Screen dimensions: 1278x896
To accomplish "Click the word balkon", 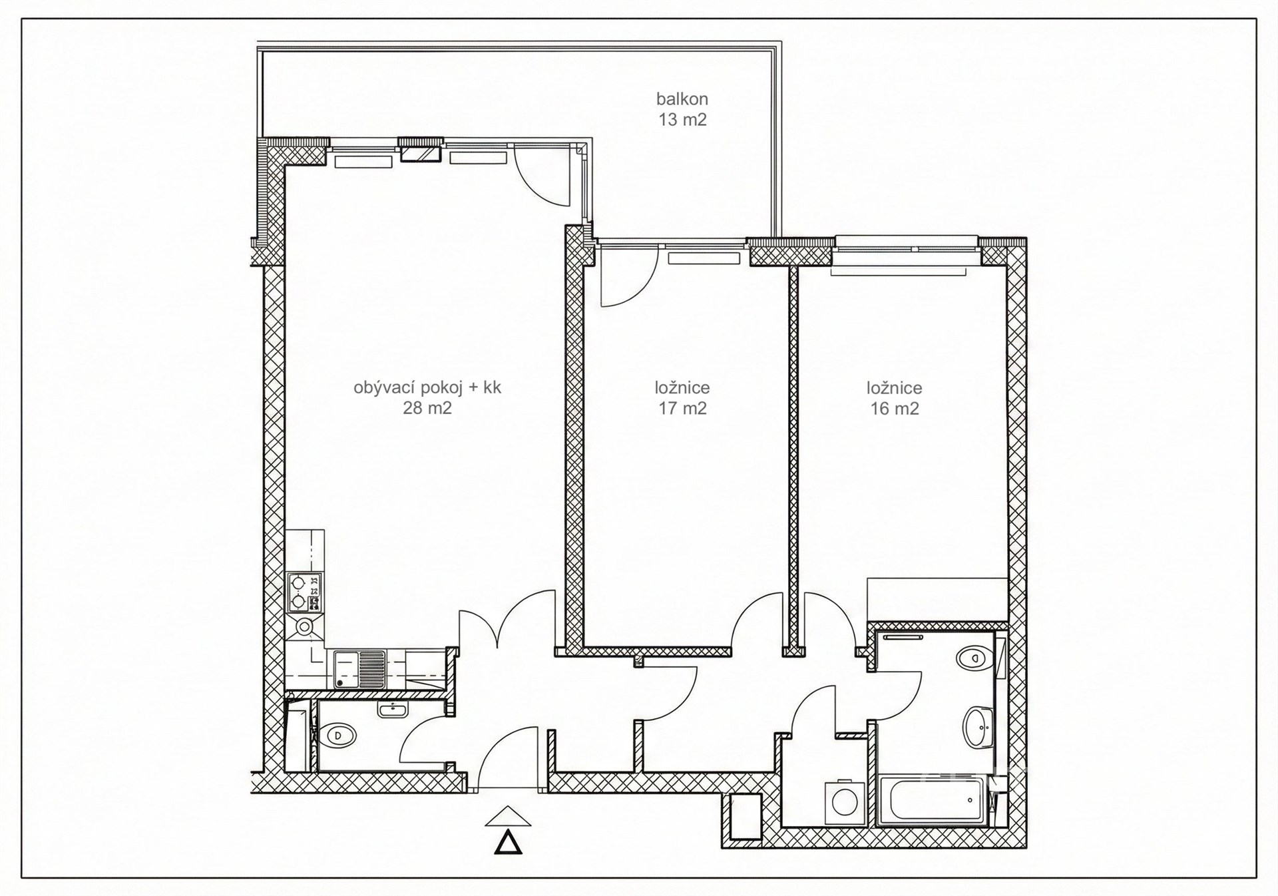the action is (x=682, y=99).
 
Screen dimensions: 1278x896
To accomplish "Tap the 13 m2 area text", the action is (x=682, y=120).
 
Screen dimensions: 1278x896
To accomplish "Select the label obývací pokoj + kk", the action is (x=427, y=388).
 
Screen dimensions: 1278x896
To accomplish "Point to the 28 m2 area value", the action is (x=427, y=408).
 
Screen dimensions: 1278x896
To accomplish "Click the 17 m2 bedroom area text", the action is (x=682, y=408).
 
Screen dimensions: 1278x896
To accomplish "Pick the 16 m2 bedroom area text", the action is (x=895, y=408).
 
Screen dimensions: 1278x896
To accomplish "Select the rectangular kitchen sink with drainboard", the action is (x=359, y=669).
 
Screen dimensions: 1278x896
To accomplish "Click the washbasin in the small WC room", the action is (x=395, y=710).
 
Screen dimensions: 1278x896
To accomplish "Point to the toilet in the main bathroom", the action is (x=974, y=658).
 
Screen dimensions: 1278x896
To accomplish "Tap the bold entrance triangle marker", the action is (x=509, y=842).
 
